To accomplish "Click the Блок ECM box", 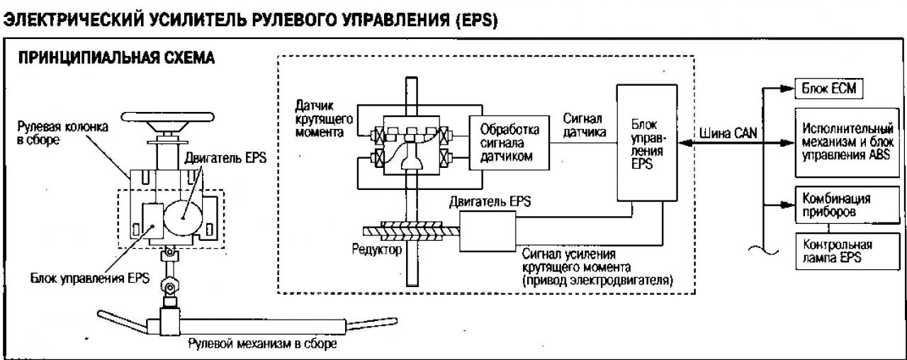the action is [x=829, y=89].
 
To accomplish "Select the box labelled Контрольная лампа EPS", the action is [x=847, y=251].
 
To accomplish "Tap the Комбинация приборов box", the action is [x=847, y=205].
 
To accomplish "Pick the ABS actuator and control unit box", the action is [x=847, y=142].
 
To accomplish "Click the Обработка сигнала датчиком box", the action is [x=509, y=143].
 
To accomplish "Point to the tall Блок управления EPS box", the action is [x=647, y=142].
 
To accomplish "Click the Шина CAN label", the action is [x=728, y=133].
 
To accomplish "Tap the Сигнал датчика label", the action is [x=585, y=125].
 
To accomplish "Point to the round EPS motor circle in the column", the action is [x=184, y=217].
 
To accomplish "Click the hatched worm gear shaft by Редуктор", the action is [x=412, y=231].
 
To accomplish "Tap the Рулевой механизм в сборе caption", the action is [x=262, y=344].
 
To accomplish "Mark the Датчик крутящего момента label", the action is [x=324, y=118].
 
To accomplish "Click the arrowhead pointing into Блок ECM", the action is [x=787, y=89].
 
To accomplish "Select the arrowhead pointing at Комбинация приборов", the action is [x=787, y=205].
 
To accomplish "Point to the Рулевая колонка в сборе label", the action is [x=62, y=133].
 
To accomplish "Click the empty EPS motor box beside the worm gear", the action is [x=488, y=231].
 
